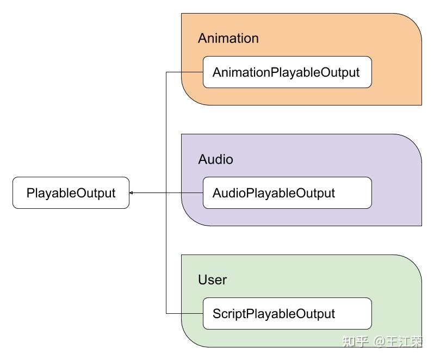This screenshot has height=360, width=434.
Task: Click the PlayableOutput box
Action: tap(71, 193)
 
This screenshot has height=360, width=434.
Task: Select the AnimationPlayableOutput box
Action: tap(287, 72)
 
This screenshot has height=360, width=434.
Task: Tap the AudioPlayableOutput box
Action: tap(287, 193)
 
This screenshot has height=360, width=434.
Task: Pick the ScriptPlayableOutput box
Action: tap(287, 314)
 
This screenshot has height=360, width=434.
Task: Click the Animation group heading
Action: tap(228, 38)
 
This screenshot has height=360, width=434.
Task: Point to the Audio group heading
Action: tap(215, 159)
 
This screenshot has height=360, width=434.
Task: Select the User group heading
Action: tap(212, 280)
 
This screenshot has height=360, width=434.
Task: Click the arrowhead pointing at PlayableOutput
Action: tap(131, 193)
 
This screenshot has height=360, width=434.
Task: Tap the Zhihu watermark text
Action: tap(382, 342)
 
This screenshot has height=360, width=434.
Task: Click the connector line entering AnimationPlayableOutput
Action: tap(184, 72)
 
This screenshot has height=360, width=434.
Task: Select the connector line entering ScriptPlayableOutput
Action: tap(184, 314)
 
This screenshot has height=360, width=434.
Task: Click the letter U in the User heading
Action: tap(203, 280)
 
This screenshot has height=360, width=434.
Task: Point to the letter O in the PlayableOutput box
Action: tap(82, 193)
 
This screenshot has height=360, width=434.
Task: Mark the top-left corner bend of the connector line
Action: tap(166, 72)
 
